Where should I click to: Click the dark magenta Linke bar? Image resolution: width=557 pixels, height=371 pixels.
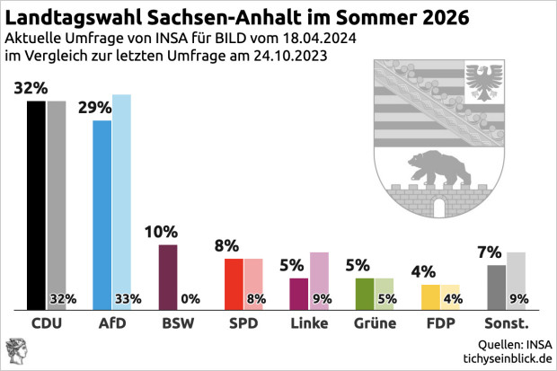[x=298, y=293]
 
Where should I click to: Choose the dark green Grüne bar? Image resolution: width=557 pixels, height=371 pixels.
[x=364, y=293]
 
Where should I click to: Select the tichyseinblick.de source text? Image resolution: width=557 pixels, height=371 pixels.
[x=504, y=358]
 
